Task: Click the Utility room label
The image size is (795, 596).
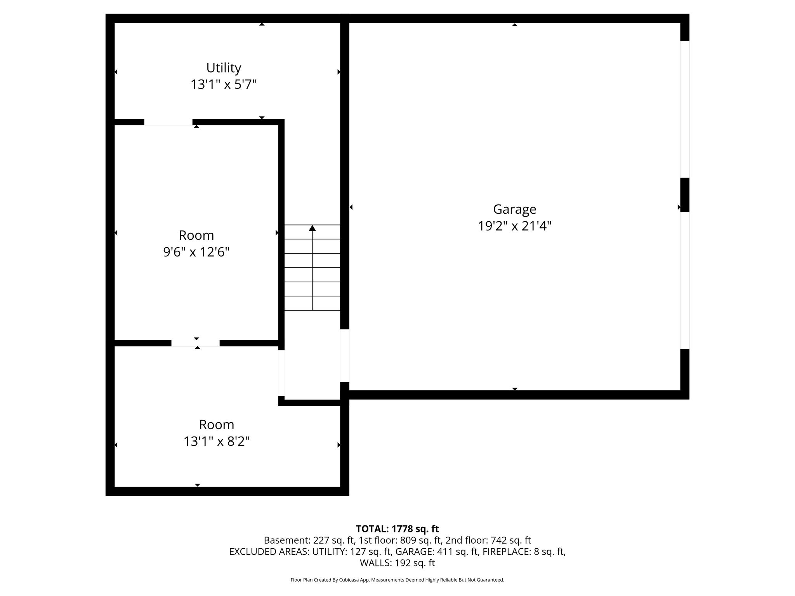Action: click(224, 68)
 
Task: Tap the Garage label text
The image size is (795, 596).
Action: click(515, 210)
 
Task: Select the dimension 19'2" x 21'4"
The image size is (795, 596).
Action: click(515, 226)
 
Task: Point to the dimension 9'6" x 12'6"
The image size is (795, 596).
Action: click(196, 252)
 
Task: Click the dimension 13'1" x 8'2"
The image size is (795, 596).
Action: click(217, 441)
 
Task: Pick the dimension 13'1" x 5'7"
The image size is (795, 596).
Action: click(224, 84)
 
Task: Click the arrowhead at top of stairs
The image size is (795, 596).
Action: click(312, 228)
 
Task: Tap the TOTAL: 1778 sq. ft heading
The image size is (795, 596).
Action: click(397, 529)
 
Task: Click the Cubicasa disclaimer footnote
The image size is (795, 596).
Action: click(397, 580)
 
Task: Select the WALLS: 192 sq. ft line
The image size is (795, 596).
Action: click(397, 563)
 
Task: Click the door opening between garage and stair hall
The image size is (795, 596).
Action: click(345, 356)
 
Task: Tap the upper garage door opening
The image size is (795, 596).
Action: click(685, 109)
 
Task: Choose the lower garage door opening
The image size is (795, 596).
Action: click(685, 281)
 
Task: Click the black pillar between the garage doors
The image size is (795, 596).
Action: click(685, 195)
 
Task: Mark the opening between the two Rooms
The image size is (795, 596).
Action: click(196, 343)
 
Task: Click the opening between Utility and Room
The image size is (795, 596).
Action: click(168, 122)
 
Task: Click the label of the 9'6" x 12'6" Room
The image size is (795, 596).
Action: click(196, 236)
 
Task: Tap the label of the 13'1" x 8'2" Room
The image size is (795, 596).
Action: click(217, 425)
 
